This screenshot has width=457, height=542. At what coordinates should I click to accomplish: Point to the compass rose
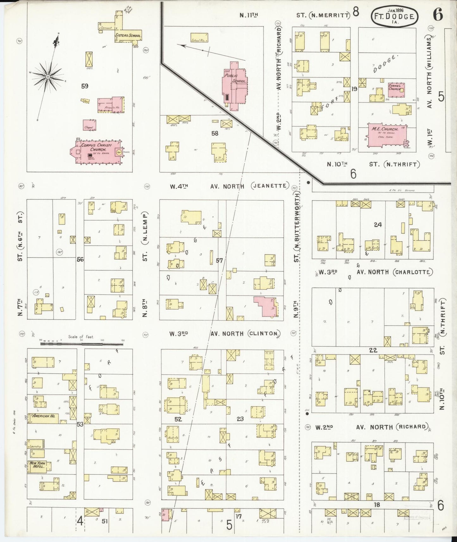point(47,77)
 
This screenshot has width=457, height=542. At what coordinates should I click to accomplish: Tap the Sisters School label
point(128,35)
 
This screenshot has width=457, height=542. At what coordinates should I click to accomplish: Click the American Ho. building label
point(43,416)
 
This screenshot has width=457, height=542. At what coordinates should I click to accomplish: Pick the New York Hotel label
point(37,465)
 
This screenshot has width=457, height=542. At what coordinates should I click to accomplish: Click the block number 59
point(84,86)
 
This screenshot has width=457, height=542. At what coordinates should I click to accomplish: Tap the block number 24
point(378,225)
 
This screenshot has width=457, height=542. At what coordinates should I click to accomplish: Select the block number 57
point(219,261)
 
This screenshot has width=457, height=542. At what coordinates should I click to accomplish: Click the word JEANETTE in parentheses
point(270,186)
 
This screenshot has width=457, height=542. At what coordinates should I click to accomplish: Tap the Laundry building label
point(34,446)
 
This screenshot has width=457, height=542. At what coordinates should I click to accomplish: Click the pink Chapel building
point(90,125)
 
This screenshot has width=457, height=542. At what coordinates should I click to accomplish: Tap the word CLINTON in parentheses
point(264,333)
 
